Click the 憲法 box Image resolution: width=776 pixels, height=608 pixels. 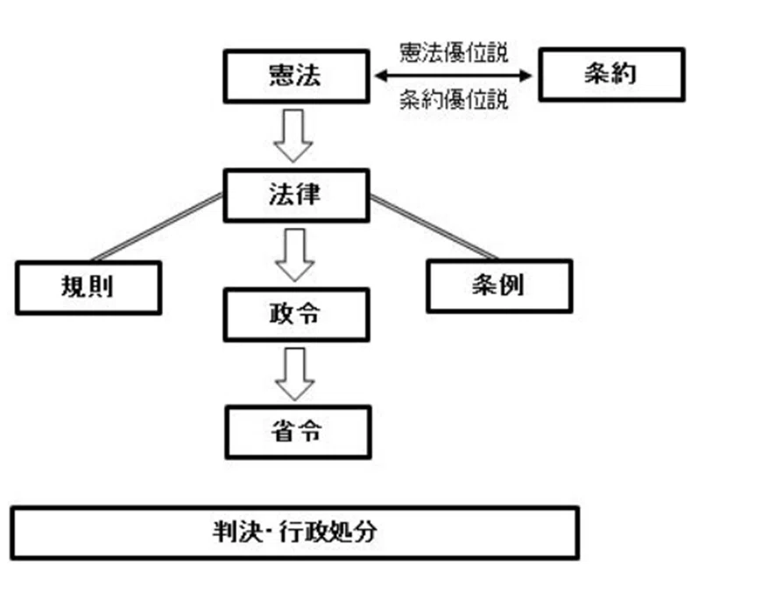[296, 76]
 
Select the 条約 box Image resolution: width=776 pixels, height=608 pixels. [611, 74]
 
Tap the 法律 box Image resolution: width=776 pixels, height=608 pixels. [296, 195]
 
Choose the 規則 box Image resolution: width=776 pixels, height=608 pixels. [88, 287]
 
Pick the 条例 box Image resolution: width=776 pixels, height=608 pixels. [499, 286]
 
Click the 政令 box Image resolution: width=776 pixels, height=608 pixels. [296, 315]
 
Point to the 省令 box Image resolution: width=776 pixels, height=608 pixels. [298, 432]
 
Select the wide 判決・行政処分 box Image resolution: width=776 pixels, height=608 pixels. [295, 534]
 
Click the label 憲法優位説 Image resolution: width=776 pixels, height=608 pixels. [454, 53]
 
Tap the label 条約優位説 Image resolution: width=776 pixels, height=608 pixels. [454, 100]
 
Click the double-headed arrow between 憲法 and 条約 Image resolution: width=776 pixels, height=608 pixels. [454, 75]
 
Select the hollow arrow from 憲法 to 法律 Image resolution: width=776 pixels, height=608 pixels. [293, 136]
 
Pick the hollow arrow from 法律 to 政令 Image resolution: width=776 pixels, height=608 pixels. [294, 255]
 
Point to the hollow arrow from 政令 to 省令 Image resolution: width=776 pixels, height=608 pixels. [294, 374]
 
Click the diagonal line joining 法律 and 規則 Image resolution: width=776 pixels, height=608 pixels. [158, 226]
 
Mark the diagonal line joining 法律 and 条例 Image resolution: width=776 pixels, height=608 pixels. [434, 227]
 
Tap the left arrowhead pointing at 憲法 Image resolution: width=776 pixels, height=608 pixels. [381, 75]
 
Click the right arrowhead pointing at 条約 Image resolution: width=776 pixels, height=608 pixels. [526, 75]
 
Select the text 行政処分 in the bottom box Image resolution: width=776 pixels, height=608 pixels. [328, 533]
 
